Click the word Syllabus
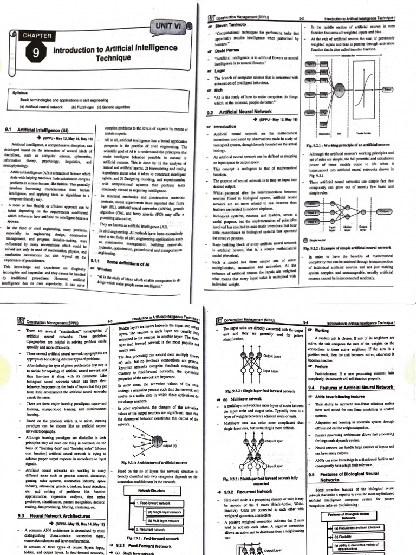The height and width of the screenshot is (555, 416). point(20,93)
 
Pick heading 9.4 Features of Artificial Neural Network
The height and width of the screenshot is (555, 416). point(358,388)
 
